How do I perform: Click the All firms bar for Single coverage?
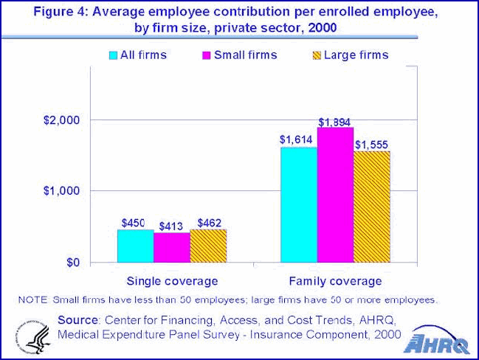[x=136, y=246]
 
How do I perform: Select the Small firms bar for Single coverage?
[x=172, y=248]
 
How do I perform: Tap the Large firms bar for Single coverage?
[x=208, y=246]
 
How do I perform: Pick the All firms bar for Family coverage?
[x=298, y=205]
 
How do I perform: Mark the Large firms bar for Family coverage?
[x=371, y=207]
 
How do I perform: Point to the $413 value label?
[x=172, y=226]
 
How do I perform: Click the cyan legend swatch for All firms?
[x=114, y=55]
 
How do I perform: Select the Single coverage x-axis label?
[x=172, y=281]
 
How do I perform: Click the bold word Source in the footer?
[x=77, y=319]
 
